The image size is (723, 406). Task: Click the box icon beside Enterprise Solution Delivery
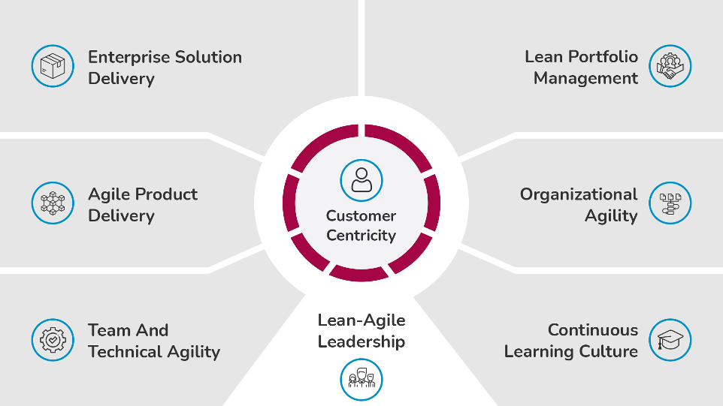coord(53,66)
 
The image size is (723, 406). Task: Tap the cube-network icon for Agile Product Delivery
coord(53,203)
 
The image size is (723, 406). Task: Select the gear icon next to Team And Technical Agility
coord(53,340)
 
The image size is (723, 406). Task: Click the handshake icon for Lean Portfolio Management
coord(670,66)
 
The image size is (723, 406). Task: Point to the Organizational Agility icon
coord(670,203)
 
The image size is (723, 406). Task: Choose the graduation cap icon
coord(670,340)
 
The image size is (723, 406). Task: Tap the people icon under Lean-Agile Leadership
coord(361,380)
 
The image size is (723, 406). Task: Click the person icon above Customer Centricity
coord(361,180)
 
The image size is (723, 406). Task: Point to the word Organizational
coord(579,195)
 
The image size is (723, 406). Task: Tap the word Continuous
coord(593,330)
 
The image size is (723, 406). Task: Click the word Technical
coord(126,352)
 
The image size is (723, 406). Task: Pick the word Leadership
coord(361,342)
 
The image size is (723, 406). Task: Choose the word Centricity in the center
coord(361,236)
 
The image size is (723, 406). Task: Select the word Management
coord(586,79)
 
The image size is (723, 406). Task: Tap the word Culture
coord(609,352)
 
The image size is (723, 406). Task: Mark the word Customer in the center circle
coord(361,216)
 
